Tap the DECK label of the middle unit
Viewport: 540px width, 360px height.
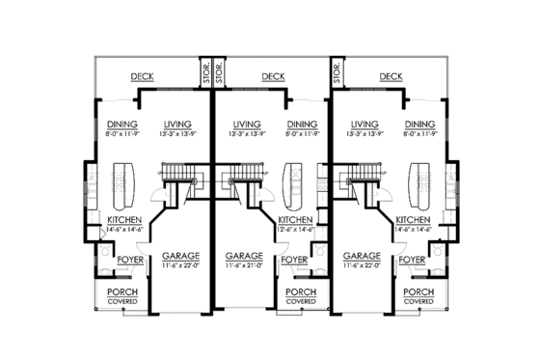pyautogui.click(x=272, y=77)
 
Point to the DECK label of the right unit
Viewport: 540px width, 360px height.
pyautogui.click(x=391, y=77)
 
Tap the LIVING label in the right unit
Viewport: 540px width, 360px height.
pyautogui.click(x=364, y=124)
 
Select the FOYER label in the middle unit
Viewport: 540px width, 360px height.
pyautogui.click(x=296, y=260)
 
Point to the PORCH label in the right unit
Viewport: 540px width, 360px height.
pyautogui.click(x=418, y=292)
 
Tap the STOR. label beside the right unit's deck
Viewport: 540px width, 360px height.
pyautogui.click(x=337, y=69)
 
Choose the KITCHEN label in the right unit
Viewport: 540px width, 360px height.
pyautogui.click(x=413, y=220)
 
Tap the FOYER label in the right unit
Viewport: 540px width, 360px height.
pyautogui.click(x=412, y=260)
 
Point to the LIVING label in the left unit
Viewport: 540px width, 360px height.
pyautogui.click(x=178, y=124)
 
